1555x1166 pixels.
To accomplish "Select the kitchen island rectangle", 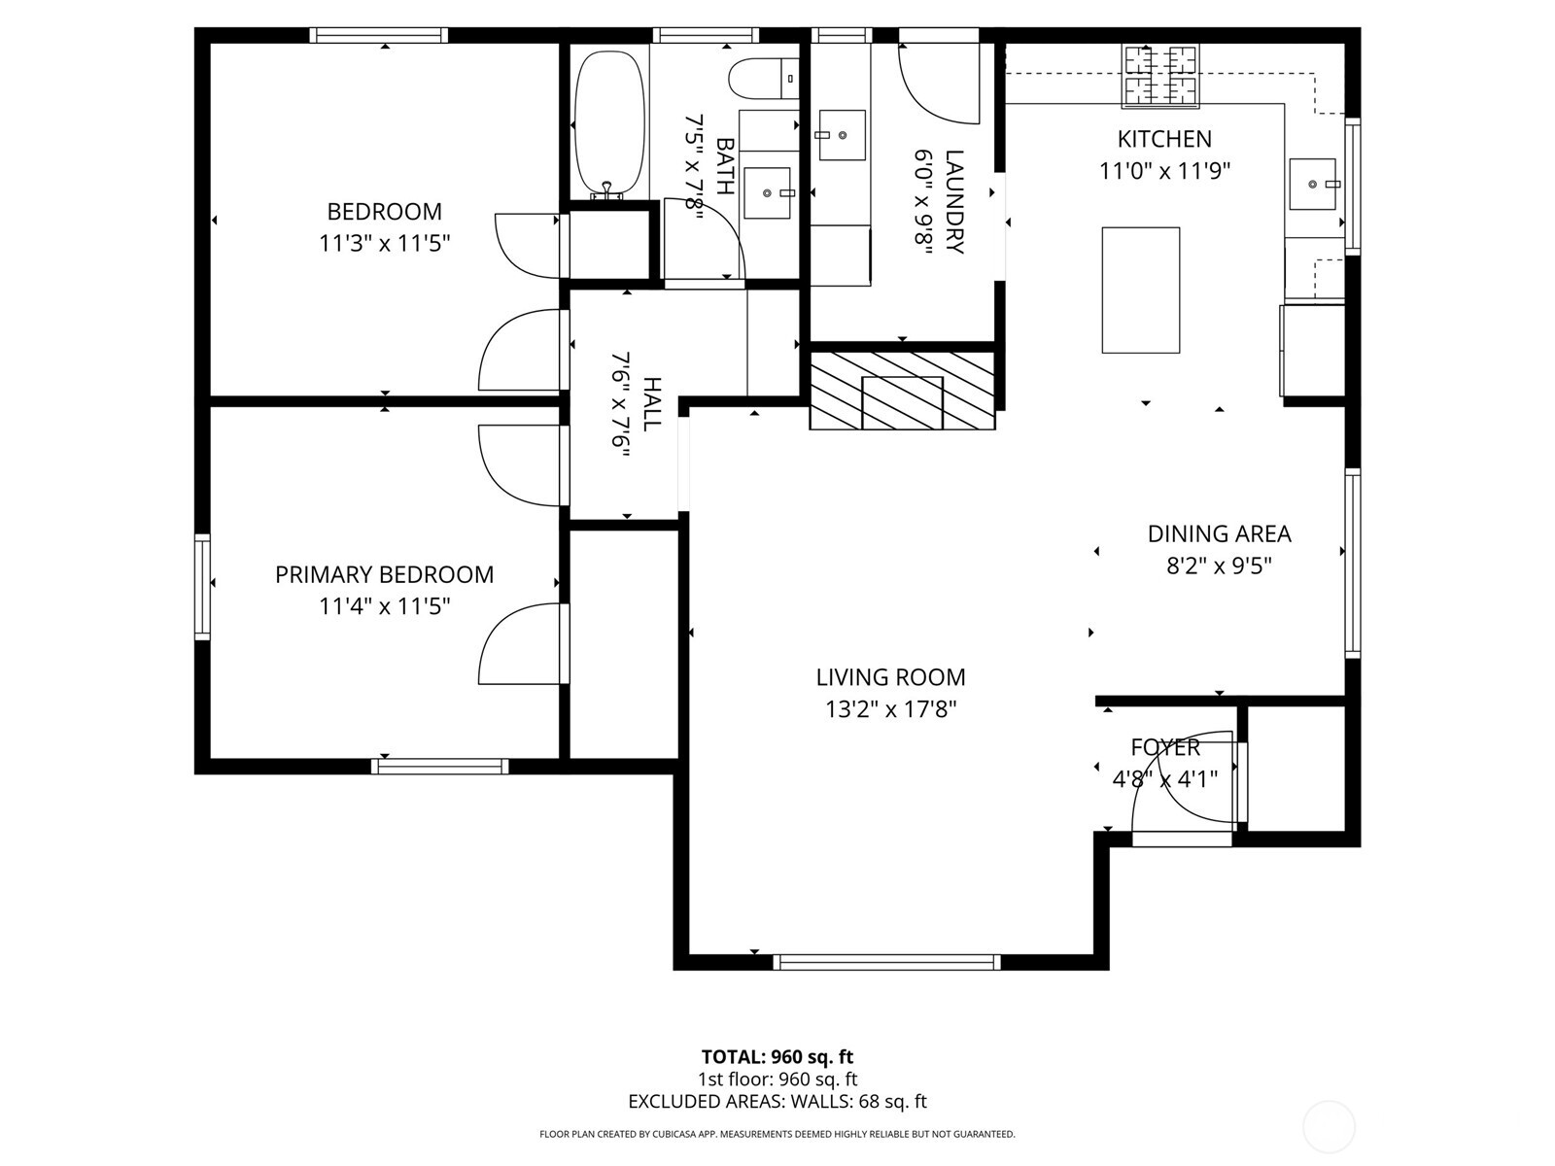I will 1140,290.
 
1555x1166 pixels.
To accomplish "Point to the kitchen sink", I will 1314,184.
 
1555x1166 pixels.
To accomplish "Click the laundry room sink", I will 841,135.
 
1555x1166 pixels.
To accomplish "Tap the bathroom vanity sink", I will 769,192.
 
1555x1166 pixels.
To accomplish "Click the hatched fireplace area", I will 902,391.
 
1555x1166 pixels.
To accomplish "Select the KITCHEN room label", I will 1164,139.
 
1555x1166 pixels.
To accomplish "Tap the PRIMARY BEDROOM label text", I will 384,575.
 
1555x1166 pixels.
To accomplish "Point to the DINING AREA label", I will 1219,533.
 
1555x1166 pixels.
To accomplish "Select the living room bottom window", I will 886,962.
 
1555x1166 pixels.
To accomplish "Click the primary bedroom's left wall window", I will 202,586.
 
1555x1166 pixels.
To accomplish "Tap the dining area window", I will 1351,563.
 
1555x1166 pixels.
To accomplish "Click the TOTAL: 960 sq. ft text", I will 777,1057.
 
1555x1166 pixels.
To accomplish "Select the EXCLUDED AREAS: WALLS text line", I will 777,1102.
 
